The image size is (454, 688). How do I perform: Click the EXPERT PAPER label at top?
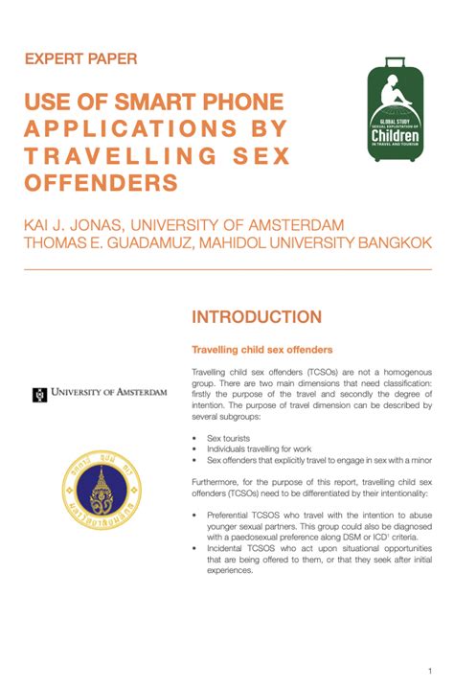[x=80, y=58]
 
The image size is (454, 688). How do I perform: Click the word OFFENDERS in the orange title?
[x=102, y=183]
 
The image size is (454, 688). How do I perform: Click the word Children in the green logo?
[x=395, y=137]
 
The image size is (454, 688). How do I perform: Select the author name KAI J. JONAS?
[x=83, y=225]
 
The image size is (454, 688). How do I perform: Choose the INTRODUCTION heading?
[x=256, y=317]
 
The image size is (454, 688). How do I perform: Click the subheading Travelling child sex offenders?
[x=261, y=351]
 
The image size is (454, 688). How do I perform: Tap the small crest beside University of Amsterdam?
[x=39, y=394]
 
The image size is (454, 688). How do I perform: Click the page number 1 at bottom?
[x=431, y=669]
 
